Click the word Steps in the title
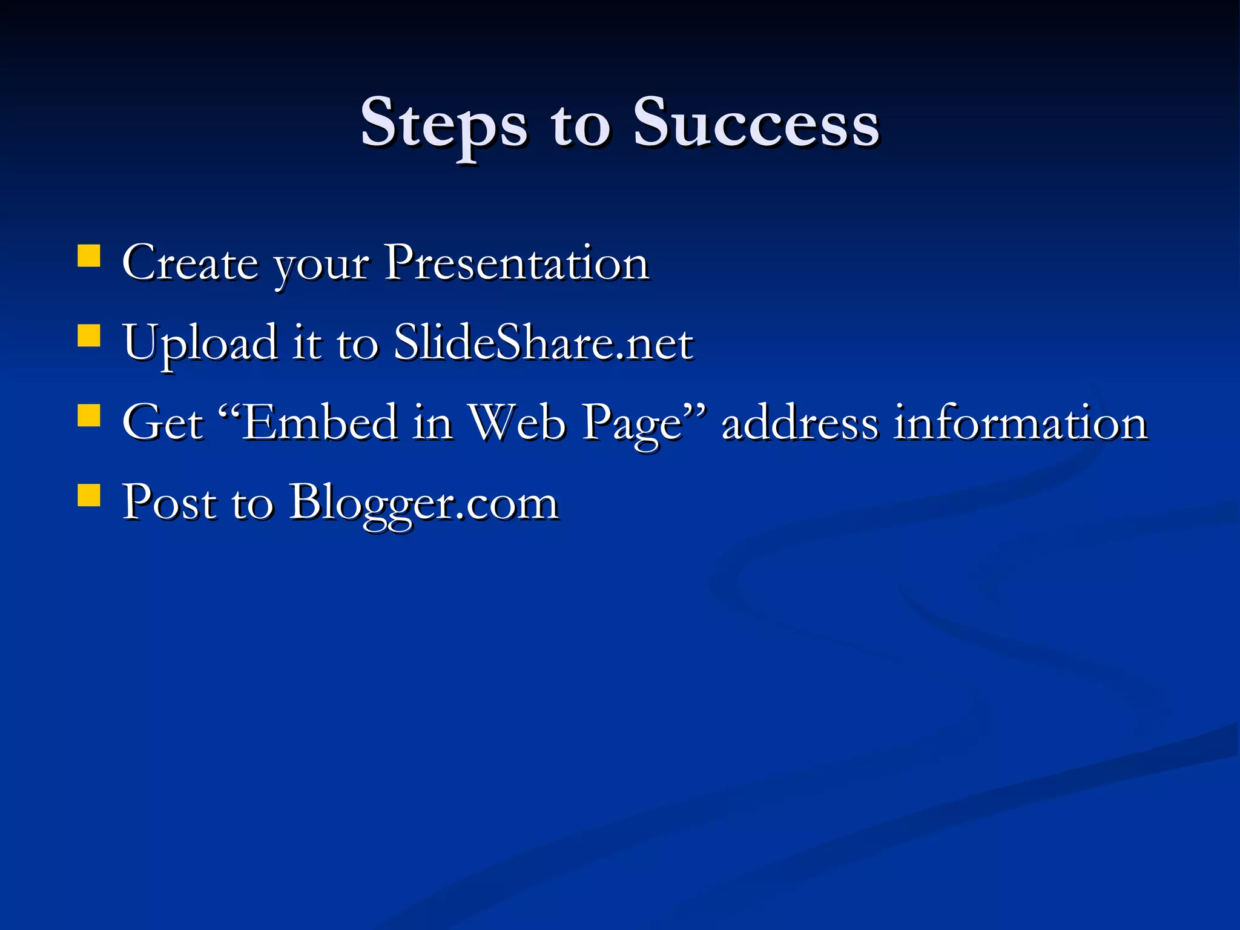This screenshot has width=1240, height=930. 443,124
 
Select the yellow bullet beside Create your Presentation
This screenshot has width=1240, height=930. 89,256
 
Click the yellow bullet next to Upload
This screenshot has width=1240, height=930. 89,335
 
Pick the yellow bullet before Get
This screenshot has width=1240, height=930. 89,416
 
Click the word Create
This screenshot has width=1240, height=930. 190,263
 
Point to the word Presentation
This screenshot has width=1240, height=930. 516,263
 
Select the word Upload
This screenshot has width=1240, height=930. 200,343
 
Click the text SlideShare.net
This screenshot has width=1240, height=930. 543,343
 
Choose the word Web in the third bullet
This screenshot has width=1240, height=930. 518,422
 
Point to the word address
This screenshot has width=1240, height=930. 799,422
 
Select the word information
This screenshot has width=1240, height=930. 1021,422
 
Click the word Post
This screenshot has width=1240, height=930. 169,502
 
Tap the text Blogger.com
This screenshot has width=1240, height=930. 423,503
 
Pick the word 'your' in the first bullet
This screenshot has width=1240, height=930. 321,266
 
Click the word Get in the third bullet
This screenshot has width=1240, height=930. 162,422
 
